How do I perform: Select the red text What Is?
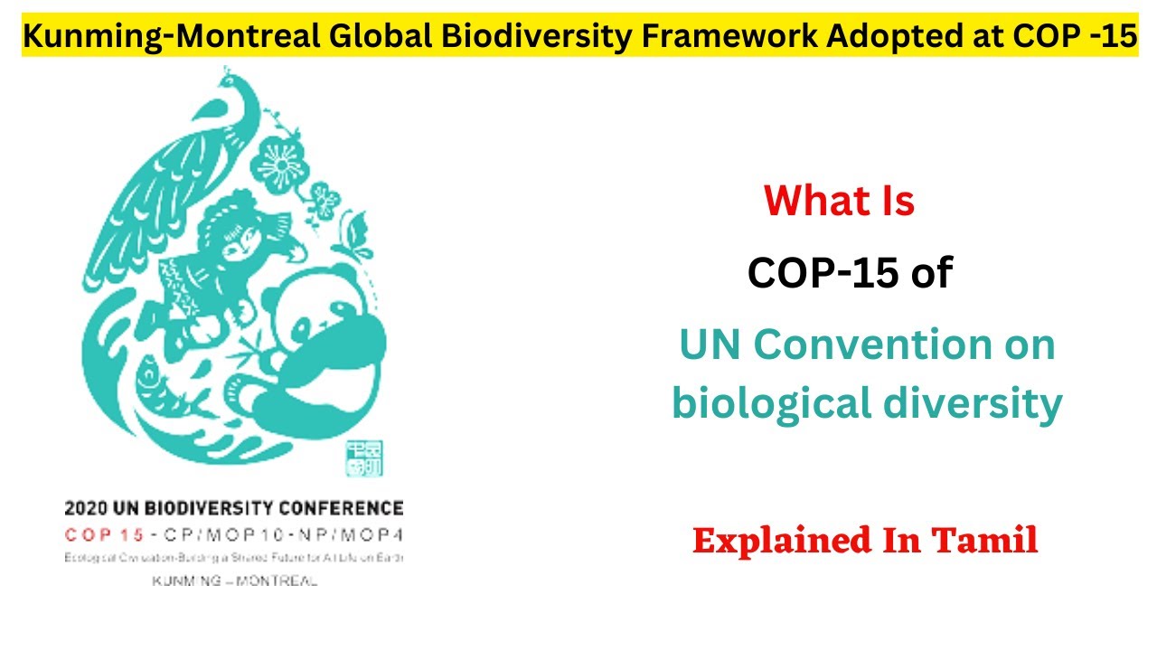839,201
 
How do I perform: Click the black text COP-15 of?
850,272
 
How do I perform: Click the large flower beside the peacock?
276,163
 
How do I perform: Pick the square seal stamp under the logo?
365,458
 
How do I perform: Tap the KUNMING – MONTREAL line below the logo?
234,580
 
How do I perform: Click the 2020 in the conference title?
82,508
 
